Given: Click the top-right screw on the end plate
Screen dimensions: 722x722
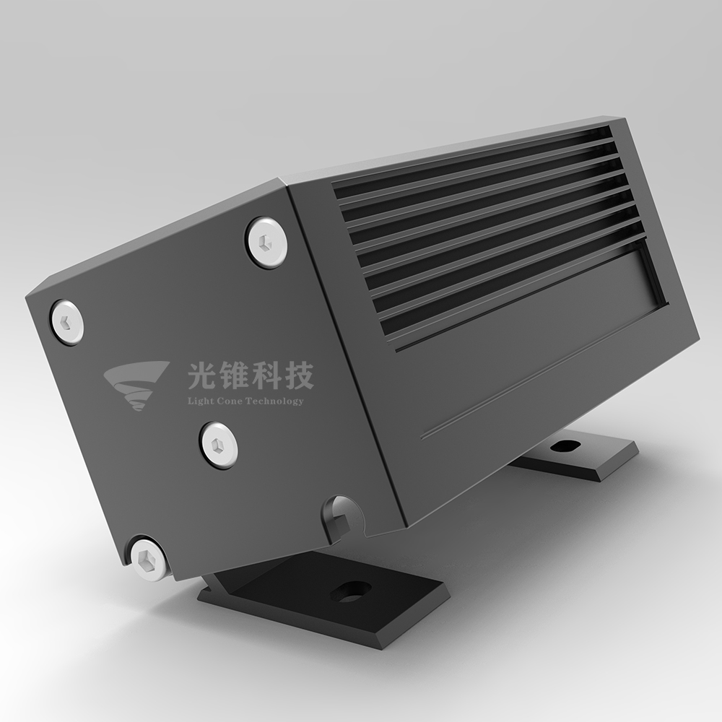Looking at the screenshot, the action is tap(266, 241).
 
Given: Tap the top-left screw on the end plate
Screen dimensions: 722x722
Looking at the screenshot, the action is tap(66, 322).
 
